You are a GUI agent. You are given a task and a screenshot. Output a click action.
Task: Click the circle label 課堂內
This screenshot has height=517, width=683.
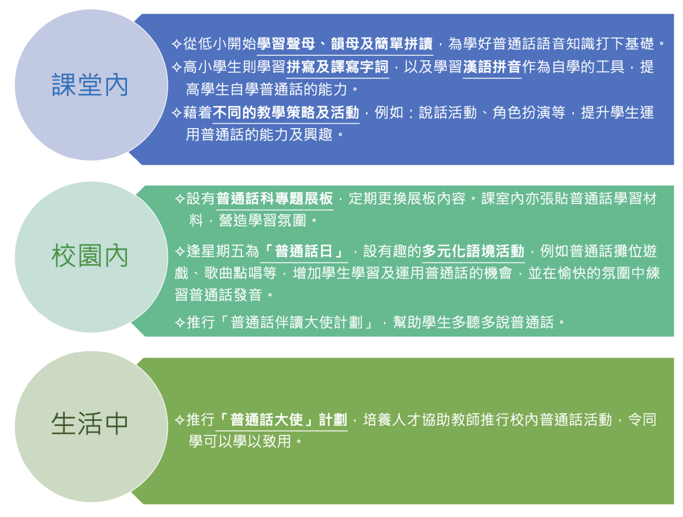(x=89, y=85)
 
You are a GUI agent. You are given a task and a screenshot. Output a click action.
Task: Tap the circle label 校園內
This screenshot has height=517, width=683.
(x=89, y=256)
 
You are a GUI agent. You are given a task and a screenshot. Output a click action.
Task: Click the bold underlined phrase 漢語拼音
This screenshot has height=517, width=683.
(x=492, y=67)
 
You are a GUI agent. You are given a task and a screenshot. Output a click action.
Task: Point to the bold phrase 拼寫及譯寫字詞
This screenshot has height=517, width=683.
(x=338, y=67)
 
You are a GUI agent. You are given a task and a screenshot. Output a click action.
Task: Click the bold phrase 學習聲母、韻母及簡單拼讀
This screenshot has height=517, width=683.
(x=345, y=44)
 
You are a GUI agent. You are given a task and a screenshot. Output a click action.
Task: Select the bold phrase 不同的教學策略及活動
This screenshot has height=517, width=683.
(x=286, y=112)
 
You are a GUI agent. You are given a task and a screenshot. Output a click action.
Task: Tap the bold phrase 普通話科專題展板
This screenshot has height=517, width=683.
(x=274, y=198)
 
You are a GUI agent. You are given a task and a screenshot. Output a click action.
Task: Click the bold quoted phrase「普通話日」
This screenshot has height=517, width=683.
(x=304, y=251)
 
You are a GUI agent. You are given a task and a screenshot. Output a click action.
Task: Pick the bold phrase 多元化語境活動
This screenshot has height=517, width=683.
(x=473, y=251)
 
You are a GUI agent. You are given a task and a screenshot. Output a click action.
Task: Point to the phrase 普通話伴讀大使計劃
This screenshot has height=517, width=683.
(x=297, y=322)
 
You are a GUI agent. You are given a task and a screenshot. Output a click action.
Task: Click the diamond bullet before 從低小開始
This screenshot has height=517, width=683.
(x=177, y=44)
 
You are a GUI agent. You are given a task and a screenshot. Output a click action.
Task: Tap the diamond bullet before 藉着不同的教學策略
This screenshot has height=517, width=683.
(x=177, y=113)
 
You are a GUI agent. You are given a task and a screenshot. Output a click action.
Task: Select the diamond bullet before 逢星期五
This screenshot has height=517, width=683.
(x=180, y=252)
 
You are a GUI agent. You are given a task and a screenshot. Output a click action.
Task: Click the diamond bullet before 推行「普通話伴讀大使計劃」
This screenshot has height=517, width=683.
(x=180, y=322)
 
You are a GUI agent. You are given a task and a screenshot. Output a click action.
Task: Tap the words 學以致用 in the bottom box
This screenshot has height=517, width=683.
(x=262, y=441)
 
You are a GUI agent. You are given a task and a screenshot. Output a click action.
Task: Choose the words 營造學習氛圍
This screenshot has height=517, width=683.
(x=262, y=220)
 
